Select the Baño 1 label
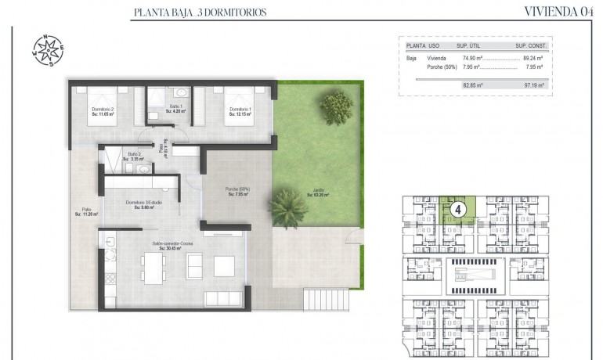coord(176,109)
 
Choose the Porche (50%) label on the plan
coord(238,192)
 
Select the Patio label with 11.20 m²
coord(86,211)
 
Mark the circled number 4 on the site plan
coord(460,210)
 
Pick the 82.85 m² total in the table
coord(472,84)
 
